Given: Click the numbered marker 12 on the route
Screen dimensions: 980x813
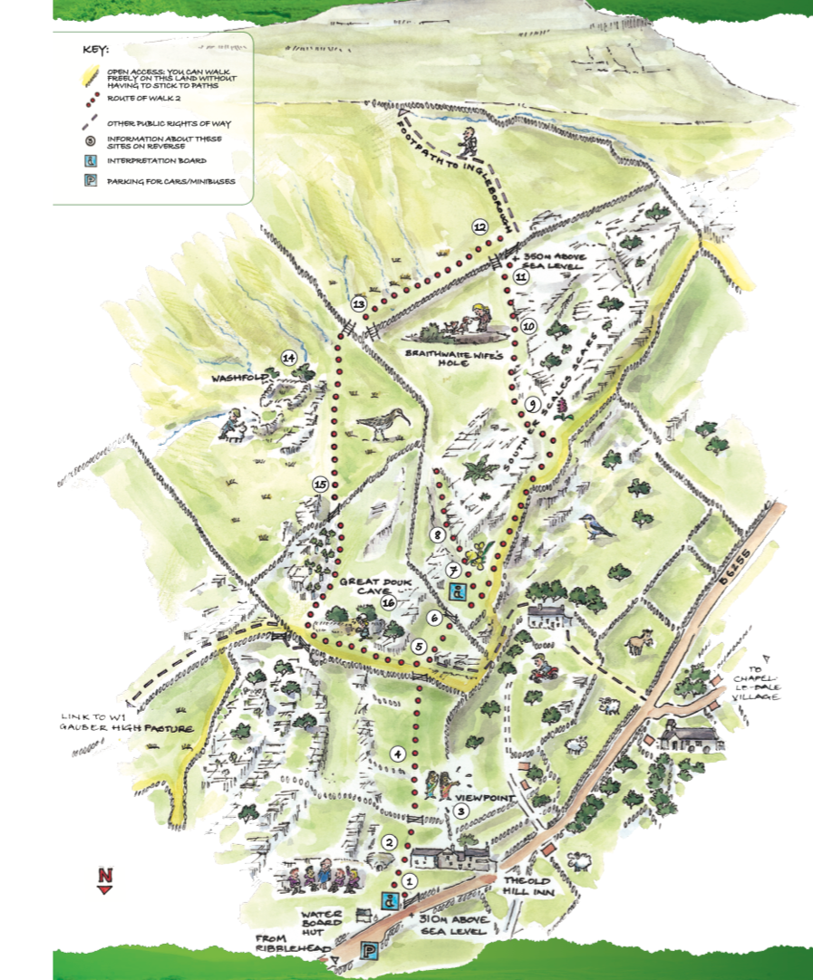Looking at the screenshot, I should click(479, 226).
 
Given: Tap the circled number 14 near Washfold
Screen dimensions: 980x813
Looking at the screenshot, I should click(289, 357).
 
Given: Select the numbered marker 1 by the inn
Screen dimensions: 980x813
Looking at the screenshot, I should click(409, 879).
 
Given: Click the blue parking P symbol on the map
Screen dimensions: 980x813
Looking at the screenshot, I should click(371, 950).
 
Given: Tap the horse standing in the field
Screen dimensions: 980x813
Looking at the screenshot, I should click(641, 641).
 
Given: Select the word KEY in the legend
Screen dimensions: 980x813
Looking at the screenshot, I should click(94, 49).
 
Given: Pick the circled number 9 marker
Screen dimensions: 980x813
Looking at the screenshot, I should click(533, 404).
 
